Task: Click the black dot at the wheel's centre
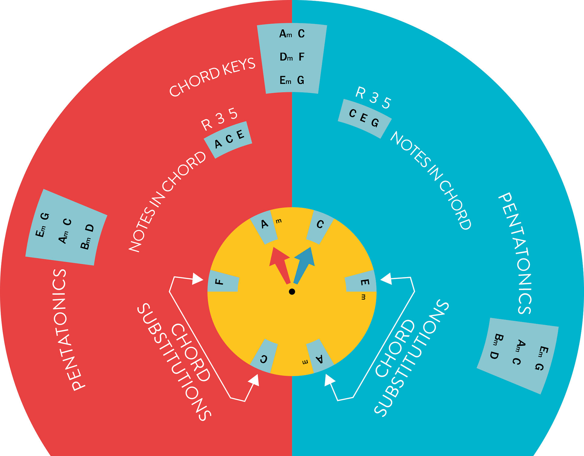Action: [292, 292]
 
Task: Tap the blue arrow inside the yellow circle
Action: [304, 263]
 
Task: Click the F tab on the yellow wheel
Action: [223, 281]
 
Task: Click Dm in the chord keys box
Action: [286, 57]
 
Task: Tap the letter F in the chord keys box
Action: [301, 57]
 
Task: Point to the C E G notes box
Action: [364, 118]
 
